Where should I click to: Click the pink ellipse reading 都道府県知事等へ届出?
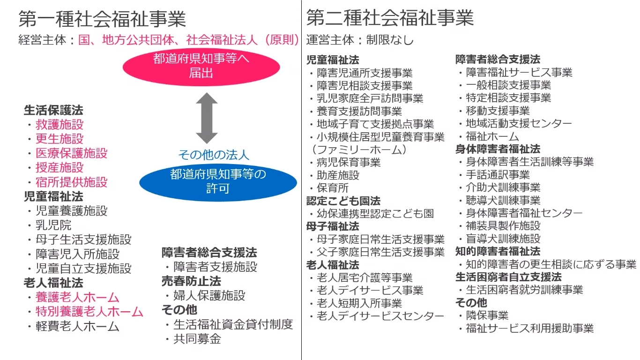click(x=201, y=67)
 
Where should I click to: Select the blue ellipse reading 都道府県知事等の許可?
click(x=218, y=182)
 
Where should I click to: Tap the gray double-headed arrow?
click(x=207, y=118)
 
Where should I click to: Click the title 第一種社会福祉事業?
click(x=102, y=19)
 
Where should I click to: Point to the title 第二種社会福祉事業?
click(x=390, y=18)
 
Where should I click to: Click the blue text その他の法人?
click(x=214, y=155)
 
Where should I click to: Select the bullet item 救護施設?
click(x=60, y=124)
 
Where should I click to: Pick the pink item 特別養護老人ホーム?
click(x=89, y=311)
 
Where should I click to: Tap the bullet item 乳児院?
click(x=53, y=225)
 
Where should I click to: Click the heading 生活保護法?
click(x=53, y=110)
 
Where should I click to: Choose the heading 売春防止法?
click(x=191, y=281)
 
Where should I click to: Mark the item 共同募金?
click(x=197, y=339)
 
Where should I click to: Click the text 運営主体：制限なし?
click(x=360, y=40)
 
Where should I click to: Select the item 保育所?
click(x=333, y=188)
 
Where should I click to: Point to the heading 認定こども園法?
click(x=343, y=201)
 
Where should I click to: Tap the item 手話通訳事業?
click(x=498, y=174)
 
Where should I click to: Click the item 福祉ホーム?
click(x=492, y=136)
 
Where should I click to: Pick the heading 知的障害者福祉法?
click(x=498, y=251)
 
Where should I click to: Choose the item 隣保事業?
click(x=487, y=315)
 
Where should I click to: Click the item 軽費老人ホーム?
click(x=77, y=326)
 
